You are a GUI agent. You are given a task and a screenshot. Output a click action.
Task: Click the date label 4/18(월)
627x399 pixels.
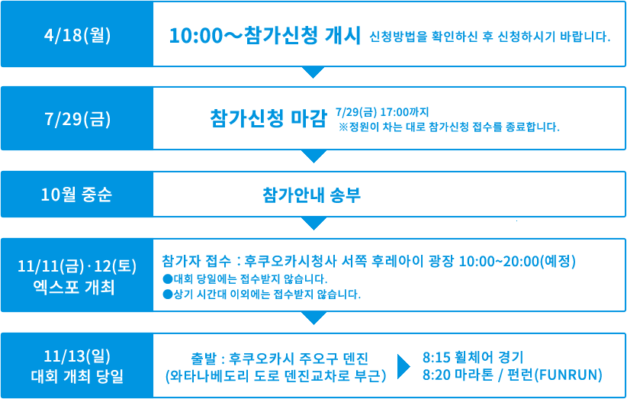(x=77, y=36)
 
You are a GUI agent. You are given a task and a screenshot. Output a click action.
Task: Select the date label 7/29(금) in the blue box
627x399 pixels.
(x=77, y=120)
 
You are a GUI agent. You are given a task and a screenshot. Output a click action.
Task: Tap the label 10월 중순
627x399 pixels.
(x=76, y=195)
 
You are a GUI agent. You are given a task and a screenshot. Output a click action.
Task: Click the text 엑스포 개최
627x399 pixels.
(x=77, y=288)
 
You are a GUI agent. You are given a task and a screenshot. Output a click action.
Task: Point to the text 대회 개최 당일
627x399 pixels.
(x=77, y=376)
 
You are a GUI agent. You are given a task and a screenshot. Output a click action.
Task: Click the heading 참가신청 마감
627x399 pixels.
(x=268, y=118)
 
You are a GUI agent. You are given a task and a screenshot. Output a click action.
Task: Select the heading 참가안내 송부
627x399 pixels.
(x=311, y=195)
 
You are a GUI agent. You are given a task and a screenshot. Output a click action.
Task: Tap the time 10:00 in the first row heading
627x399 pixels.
(x=195, y=36)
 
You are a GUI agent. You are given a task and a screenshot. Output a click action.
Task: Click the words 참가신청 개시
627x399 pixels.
(x=303, y=35)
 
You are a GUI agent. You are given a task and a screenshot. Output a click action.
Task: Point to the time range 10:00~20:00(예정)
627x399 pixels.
(x=517, y=261)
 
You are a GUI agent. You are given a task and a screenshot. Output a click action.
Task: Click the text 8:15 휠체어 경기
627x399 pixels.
(x=473, y=356)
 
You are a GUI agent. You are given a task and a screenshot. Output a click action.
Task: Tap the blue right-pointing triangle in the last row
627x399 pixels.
(x=404, y=365)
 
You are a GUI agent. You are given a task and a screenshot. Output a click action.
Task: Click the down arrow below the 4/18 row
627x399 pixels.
(x=313, y=72)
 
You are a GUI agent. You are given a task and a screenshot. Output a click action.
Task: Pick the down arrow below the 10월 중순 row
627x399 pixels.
(x=313, y=223)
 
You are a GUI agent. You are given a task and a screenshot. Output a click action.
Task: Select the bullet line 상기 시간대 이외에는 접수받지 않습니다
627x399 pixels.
(x=262, y=295)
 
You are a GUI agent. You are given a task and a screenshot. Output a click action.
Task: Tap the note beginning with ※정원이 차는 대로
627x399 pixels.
(x=449, y=127)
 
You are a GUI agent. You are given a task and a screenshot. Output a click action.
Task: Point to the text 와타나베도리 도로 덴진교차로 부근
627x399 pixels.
(x=275, y=376)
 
